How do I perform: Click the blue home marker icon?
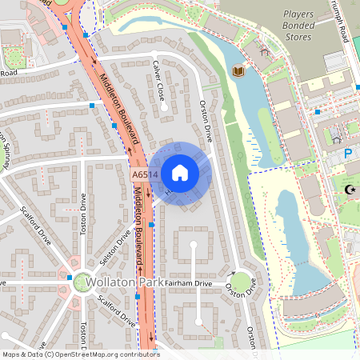[179, 172]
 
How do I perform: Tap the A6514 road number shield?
[141, 172]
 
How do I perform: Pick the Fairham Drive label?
[190, 283]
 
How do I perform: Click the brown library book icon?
[238, 72]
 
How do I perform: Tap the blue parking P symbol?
[348, 153]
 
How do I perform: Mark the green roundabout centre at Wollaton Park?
[82, 282]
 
